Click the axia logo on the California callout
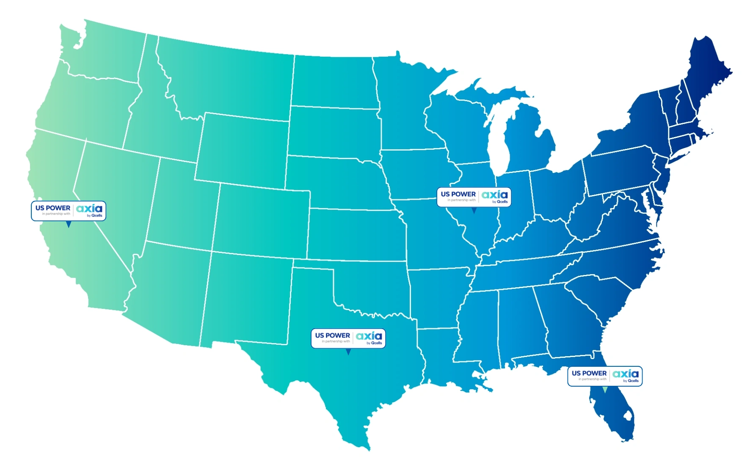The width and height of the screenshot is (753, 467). click(89, 209)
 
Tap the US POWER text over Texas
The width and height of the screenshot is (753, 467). click(332, 335)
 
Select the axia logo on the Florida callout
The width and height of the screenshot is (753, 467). click(626, 374)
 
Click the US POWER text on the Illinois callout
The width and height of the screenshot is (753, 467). click(458, 194)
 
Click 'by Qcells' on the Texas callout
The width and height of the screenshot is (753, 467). click(374, 343)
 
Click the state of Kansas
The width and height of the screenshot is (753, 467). click(356, 235)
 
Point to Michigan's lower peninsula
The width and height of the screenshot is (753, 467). click(529, 144)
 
